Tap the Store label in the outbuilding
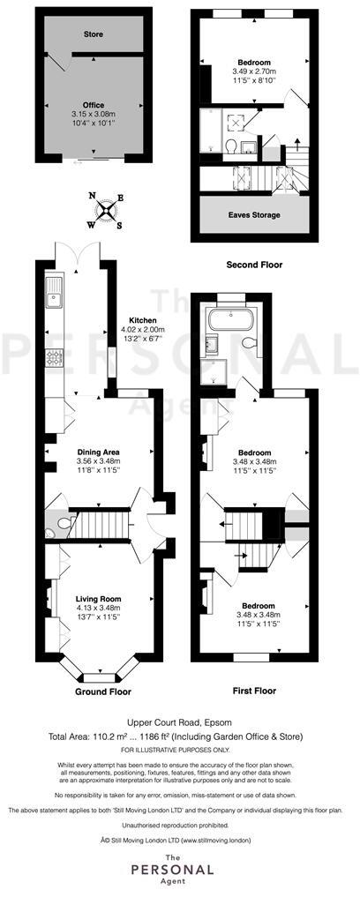[94, 36]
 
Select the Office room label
[94, 105]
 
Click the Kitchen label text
[143, 320]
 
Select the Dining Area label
[98, 452]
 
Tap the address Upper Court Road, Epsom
[179, 721]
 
